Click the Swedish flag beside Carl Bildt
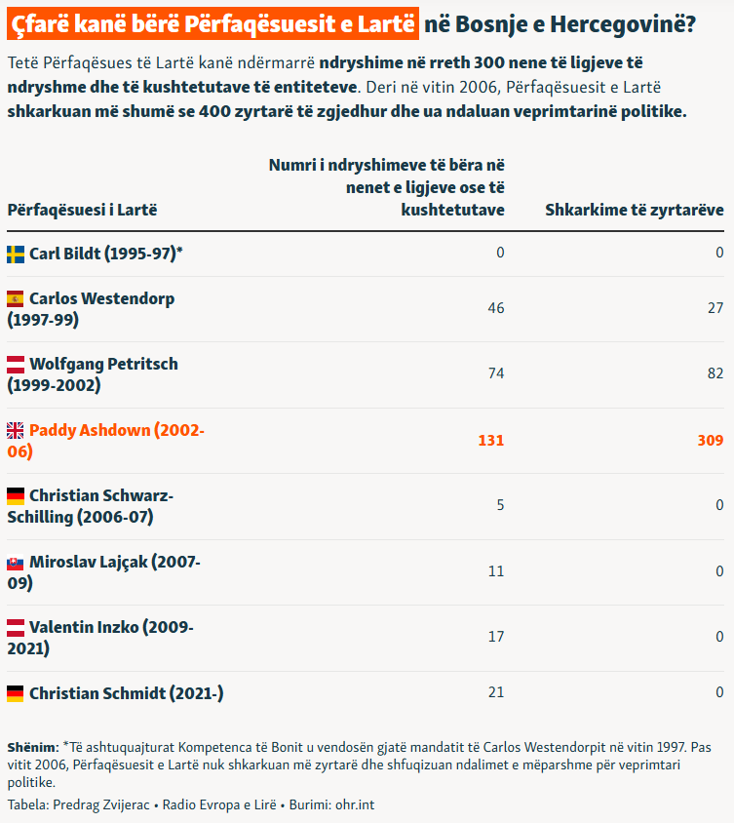pyautogui.click(x=16, y=255)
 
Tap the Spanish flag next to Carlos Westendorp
pyautogui.click(x=16, y=299)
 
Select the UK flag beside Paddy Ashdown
pyautogui.click(x=16, y=430)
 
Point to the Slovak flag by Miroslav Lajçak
pyautogui.click(x=16, y=563)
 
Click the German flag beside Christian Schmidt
pyautogui.click(x=16, y=694)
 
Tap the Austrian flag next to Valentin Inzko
pyautogui.click(x=16, y=628)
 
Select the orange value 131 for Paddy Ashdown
pyautogui.click(x=491, y=441)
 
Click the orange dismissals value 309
pyautogui.click(x=711, y=441)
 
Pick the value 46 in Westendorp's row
pyautogui.click(x=496, y=308)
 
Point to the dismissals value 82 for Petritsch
pyautogui.click(x=715, y=373)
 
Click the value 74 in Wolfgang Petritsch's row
pyautogui.click(x=496, y=373)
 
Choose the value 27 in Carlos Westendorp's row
pyautogui.click(x=715, y=308)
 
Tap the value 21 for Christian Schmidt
pyautogui.click(x=496, y=692)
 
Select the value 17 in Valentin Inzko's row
pyautogui.click(x=496, y=637)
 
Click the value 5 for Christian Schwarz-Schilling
pyautogui.click(x=500, y=505)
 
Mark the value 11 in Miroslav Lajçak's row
pyautogui.click(x=496, y=571)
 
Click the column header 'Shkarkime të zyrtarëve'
pyautogui.click(x=635, y=210)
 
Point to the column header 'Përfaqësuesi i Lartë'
pyautogui.click(x=83, y=210)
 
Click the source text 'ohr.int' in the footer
pyautogui.click(x=355, y=804)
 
